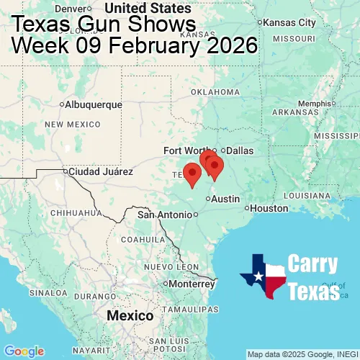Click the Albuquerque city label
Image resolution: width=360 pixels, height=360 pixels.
coord(94,104)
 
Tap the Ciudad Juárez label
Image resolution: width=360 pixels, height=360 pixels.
coord(101,172)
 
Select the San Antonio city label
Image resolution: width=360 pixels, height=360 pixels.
coord(166,215)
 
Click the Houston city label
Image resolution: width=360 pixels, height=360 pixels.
coord(269,209)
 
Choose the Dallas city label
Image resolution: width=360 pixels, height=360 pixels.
coord(240,150)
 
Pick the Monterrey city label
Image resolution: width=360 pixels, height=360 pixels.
coord(193,283)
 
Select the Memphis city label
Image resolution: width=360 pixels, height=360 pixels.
coord(312,103)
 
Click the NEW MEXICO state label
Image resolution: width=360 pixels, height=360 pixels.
coord(72,125)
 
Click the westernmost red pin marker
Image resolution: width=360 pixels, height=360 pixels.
coord(192,174)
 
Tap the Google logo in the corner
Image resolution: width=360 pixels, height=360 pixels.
coord(23,351)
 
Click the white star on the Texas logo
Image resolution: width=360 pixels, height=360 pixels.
coord(257,274)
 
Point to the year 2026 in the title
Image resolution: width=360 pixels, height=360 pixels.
coord(228,45)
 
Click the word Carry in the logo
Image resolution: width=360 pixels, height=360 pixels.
coord(313,264)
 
